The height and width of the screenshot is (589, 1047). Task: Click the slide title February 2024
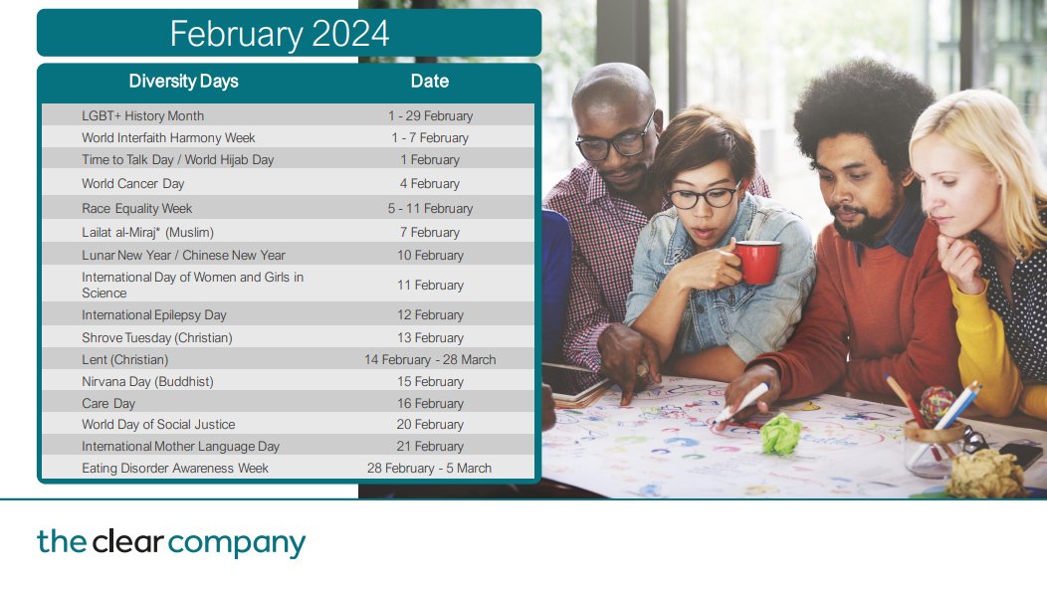pos(279,34)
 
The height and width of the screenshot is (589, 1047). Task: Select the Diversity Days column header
pos(184,82)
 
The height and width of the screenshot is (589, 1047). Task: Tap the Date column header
pos(430,82)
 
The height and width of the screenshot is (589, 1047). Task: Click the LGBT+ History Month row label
pos(142,116)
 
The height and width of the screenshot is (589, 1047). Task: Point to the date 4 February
pos(430,184)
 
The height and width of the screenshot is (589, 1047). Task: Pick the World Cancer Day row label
pos(132,184)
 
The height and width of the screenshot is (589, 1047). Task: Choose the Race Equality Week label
pos(136,209)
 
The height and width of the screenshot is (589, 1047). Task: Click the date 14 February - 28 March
pos(430,360)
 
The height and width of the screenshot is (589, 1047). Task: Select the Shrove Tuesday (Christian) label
pos(156,338)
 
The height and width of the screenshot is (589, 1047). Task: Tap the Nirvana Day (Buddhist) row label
pos(147,382)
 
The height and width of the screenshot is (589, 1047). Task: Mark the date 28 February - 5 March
pos(430,469)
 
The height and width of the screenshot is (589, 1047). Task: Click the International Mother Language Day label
pos(180,447)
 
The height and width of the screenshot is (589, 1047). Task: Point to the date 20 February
pos(430,425)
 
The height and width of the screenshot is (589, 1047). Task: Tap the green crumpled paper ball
pos(781,434)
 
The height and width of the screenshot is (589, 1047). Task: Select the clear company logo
pos(171,543)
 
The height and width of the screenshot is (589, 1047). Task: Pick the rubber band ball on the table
pos(937,405)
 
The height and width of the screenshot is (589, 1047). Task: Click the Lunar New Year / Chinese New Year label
pos(183,256)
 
